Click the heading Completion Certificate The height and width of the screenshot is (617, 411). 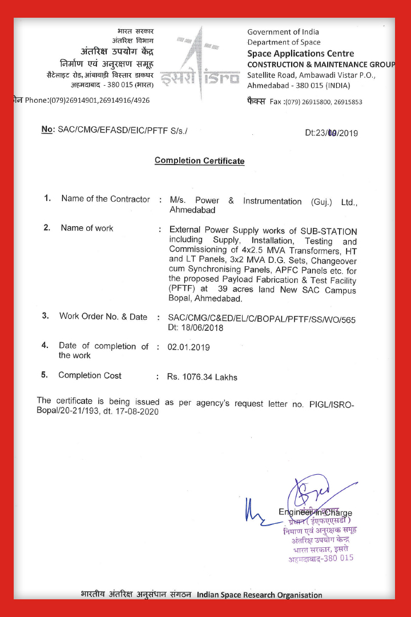(199, 161)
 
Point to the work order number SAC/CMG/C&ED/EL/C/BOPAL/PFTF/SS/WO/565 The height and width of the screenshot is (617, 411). (261, 319)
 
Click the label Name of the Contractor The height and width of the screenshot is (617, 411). (106, 199)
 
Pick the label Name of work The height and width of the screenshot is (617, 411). (87, 228)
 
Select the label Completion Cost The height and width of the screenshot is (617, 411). (90, 375)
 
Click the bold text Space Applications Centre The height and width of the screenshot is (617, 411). (300, 54)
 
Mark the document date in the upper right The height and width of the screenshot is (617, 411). (331, 133)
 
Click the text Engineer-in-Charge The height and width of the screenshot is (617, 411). (315, 512)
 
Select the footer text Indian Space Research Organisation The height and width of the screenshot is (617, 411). (260, 595)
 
